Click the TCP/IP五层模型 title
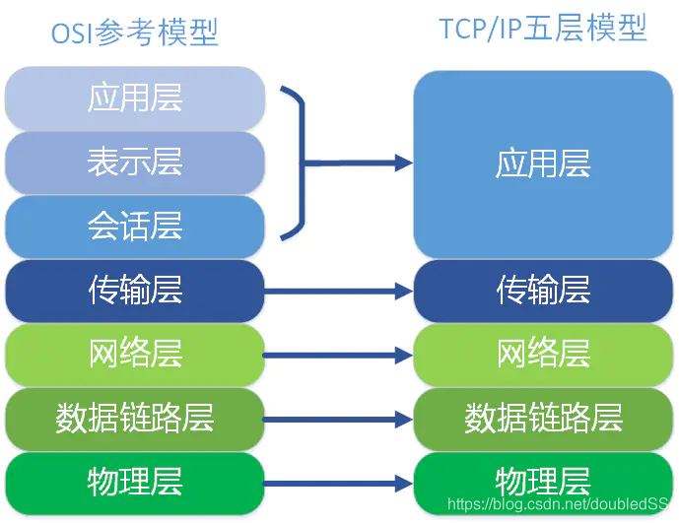click(x=544, y=29)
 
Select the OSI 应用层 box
click(x=135, y=98)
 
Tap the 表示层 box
click(x=135, y=162)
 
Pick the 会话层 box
click(x=135, y=227)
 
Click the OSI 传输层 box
click(x=135, y=290)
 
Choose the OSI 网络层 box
click(x=135, y=354)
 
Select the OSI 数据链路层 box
click(x=135, y=418)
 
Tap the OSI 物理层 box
click(x=135, y=482)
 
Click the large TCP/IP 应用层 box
click(x=543, y=163)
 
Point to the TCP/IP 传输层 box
click(x=543, y=290)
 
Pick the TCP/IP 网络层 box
click(x=543, y=354)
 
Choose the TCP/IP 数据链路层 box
click(x=543, y=418)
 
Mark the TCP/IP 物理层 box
click(x=543, y=482)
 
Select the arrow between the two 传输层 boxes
click(x=338, y=291)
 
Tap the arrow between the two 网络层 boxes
click(x=338, y=355)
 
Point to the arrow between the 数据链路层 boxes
click(x=338, y=419)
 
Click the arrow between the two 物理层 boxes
click(x=338, y=484)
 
